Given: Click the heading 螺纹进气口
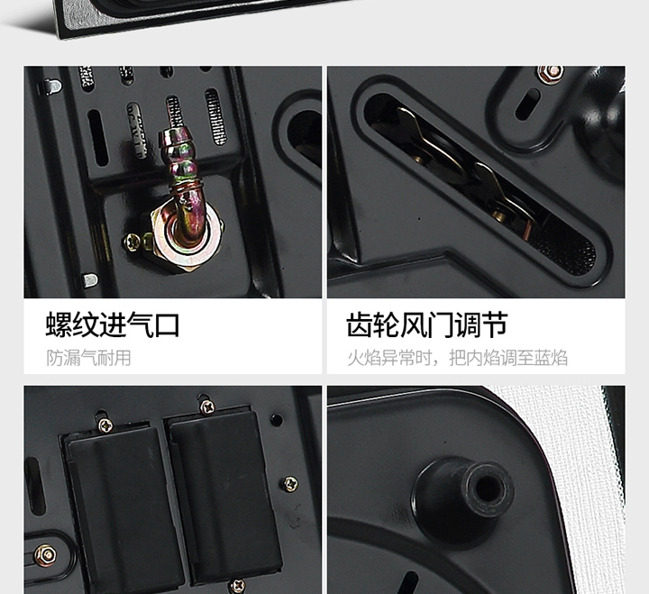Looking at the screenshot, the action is (x=113, y=324).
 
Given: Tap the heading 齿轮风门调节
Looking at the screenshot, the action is (x=427, y=324).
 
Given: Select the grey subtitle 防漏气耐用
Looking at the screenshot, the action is (x=88, y=358).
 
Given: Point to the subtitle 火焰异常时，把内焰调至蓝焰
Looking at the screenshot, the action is (x=457, y=358).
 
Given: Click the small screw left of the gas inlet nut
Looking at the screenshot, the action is (x=133, y=242).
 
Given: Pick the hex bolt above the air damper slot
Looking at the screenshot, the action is (x=550, y=74).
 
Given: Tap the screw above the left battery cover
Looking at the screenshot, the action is (x=105, y=425).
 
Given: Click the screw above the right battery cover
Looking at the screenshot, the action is (x=207, y=407).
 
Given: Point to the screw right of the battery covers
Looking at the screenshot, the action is (x=290, y=484).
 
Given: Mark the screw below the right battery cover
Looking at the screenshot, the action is (x=237, y=586).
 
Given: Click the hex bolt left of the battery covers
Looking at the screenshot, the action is (x=46, y=555).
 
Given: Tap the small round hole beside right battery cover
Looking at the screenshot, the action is (x=277, y=420).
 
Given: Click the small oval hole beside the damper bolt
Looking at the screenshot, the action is (x=527, y=105).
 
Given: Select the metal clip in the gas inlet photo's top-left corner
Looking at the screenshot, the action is (x=50, y=87).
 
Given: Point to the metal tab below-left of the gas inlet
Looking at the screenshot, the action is (x=90, y=280).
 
